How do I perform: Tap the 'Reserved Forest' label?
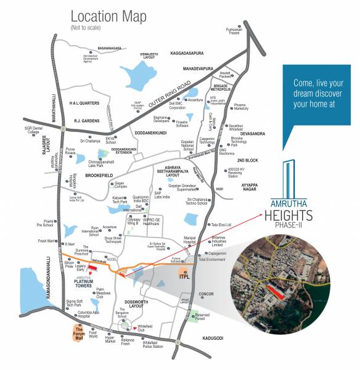(208, 318)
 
